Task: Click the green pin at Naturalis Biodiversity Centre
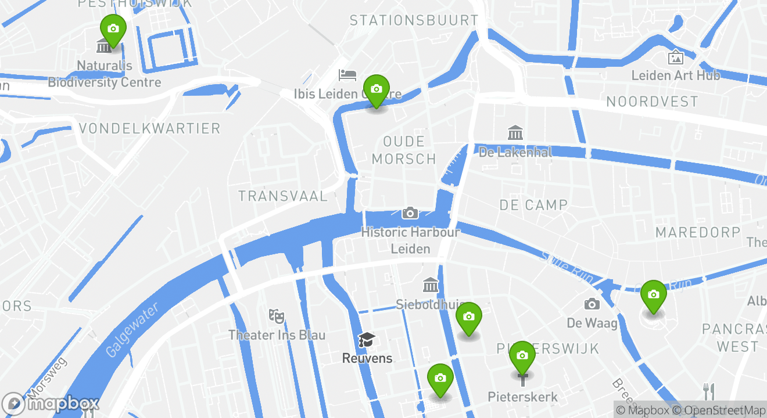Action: (113, 29)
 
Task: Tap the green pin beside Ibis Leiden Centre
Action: (377, 89)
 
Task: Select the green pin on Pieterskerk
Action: (522, 356)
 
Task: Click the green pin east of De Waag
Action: (654, 295)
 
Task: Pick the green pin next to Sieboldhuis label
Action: (469, 317)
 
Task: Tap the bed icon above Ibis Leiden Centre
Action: (347, 75)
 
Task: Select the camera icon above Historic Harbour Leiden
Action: (410, 213)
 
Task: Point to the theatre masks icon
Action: (277, 316)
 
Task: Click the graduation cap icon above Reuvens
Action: (367, 340)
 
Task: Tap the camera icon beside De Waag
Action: (592, 304)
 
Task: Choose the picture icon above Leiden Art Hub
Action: (675, 57)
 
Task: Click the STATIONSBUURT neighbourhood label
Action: (414, 21)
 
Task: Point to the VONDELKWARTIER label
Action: (149, 128)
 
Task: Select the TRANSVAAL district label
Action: (283, 196)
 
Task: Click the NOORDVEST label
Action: (652, 102)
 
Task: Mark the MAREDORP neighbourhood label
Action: (698, 233)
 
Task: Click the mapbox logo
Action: (51, 403)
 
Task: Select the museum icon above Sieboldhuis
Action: (431, 285)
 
